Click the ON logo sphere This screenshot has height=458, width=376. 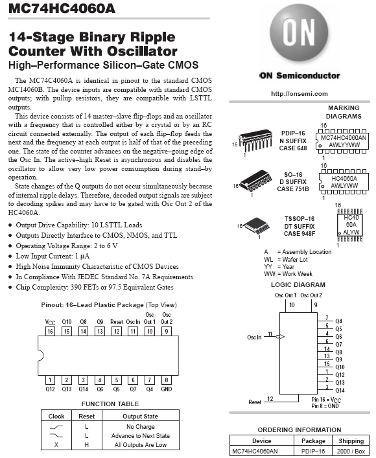point(299,33)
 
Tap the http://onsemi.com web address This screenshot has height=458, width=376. point(300,94)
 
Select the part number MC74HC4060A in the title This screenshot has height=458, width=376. point(62,8)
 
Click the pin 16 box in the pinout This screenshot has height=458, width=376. point(50,331)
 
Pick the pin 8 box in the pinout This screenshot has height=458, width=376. point(167,380)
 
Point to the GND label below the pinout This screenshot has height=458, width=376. point(167,389)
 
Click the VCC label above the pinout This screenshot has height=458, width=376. point(50,322)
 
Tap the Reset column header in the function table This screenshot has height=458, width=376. point(86,417)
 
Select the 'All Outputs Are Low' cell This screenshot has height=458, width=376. point(141,445)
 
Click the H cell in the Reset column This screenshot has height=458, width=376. point(86,445)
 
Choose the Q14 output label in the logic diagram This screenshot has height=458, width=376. point(340,390)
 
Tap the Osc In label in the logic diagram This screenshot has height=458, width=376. point(254,337)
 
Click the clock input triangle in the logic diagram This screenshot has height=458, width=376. point(281,336)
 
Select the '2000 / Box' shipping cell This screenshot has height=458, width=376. point(351,451)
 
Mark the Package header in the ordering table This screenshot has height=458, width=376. point(313,441)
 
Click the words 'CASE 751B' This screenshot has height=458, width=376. point(293,189)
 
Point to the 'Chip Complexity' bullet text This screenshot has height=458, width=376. point(95,287)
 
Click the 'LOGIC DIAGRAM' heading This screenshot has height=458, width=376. point(298,285)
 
